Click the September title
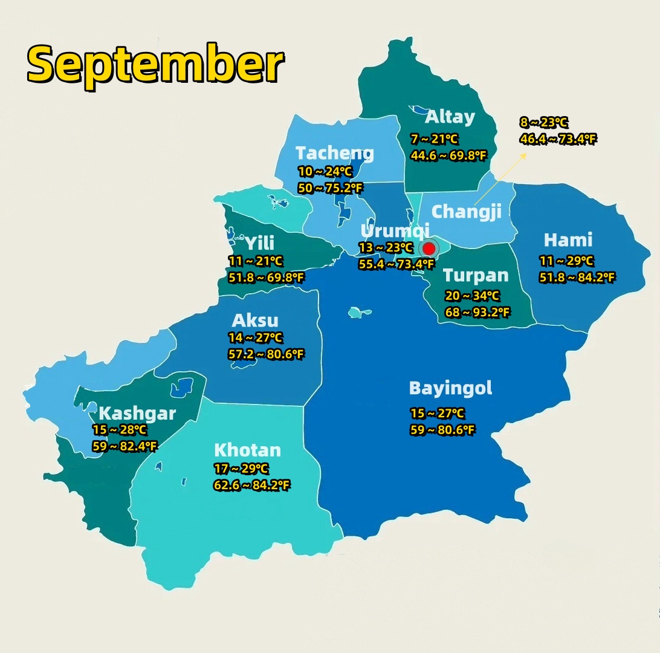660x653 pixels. click(x=155, y=63)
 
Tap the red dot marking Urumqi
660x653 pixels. click(x=429, y=248)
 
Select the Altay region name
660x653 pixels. click(x=450, y=117)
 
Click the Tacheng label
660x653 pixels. click(x=335, y=154)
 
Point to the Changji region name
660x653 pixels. click(x=467, y=212)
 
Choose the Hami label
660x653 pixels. click(x=568, y=240)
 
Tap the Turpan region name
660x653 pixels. click(x=476, y=276)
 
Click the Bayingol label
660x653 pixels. click(x=450, y=388)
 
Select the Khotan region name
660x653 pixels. click(x=247, y=450)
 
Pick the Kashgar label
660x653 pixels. click(x=137, y=414)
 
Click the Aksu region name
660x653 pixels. click(x=255, y=320)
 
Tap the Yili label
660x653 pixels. click(x=259, y=243)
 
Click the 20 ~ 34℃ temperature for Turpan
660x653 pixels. click(x=472, y=296)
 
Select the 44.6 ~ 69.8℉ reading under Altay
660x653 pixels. click(x=448, y=156)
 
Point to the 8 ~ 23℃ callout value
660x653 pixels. click(x=543, y=123)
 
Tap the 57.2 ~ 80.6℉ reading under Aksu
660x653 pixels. click(x=266, y=354)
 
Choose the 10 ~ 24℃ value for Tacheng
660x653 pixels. click(x=325, y=172)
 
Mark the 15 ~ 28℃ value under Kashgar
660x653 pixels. click(x=119, y=430)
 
